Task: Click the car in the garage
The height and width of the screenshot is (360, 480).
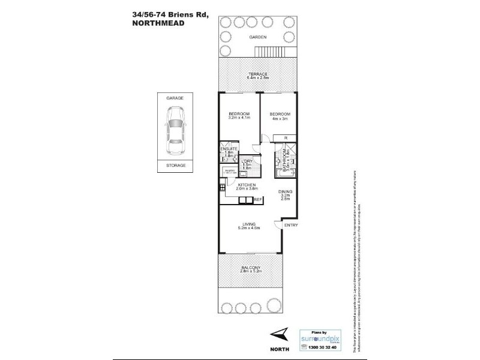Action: pyautogui.click(x=176, y=130)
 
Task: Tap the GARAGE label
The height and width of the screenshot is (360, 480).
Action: pyautogui.click(x=176, y=97)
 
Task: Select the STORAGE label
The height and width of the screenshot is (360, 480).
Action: pyautogui.click(x=176, y=165)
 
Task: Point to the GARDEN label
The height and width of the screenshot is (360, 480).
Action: pyautogui.click(x=259, y=37)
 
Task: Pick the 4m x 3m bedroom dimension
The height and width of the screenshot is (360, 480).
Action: pyautogui.click(x=280, y=118)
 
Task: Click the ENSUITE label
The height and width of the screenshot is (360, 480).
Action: pyautogui.click(x=229, y=148)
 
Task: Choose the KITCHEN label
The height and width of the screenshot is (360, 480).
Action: pyautogui.click(x=247, y=184)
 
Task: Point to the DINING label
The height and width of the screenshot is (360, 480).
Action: pyautogui.click(x=286, y=191)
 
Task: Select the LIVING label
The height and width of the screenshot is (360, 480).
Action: pyautogui.click(x=248, y=224)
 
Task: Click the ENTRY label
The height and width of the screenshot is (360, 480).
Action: pyautogui.click(x=290, y=225)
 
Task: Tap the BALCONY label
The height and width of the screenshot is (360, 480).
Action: pyautogui.click(x=250, y=268)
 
